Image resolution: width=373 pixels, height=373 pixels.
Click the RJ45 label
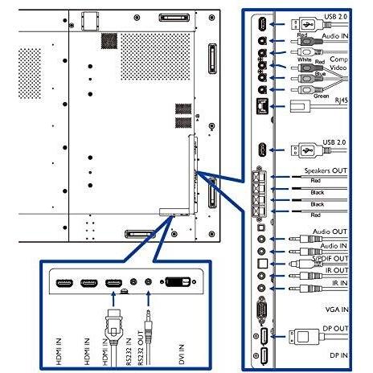(x=341, y=100)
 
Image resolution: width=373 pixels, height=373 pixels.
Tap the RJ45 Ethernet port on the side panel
(x=262, y=106)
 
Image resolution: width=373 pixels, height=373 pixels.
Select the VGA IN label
(x=337, y=309)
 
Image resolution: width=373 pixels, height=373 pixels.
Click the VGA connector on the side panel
(x=261, y=309)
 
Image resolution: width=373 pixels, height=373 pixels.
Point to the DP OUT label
(x=335, y=329)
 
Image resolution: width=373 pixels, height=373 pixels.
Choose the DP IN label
(x=338, y=355)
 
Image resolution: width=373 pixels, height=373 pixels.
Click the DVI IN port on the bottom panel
(x=178, y=282)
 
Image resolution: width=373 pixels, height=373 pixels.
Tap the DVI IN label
(x=182, y=355)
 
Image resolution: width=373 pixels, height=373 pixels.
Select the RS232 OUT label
(x=141, y=348)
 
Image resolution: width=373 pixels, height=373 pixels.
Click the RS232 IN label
(x=129, y=351)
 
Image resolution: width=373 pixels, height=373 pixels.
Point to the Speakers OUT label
(x=326, y=170)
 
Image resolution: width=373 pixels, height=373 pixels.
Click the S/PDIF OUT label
(x=330, y=259)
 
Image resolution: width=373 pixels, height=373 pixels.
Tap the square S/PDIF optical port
(x=262, y=264)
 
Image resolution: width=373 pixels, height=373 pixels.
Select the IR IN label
(x=340, y=283)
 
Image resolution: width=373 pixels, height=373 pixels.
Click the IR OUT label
(x=337, y=270)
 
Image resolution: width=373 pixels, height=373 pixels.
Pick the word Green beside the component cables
(x=322, y=96)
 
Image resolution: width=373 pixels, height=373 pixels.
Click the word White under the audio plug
(x=305, y=59)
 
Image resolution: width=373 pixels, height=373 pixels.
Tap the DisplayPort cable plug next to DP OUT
(x=304, y=337)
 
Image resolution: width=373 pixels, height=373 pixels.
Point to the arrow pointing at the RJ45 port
(x=277, y=106)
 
